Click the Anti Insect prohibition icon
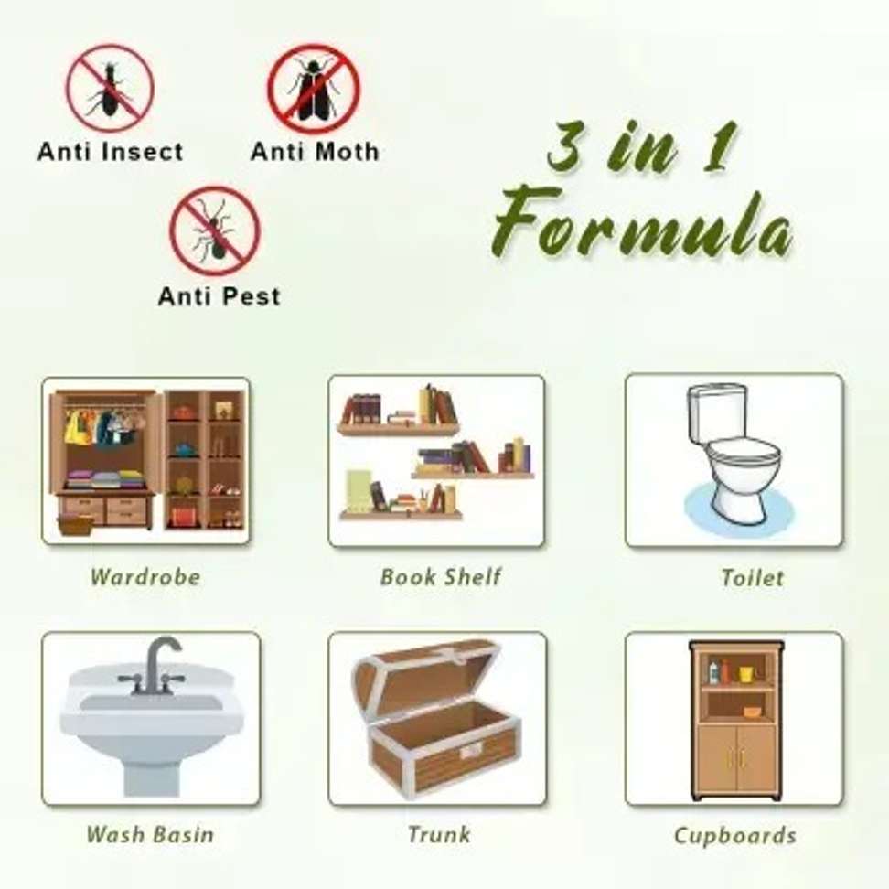[110, 89]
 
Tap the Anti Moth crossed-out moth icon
[314, 89]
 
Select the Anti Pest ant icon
[215, 230]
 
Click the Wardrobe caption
[145, 577]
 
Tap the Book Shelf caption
[441, 577]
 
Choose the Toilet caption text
[753, 578]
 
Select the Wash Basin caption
[150, 834]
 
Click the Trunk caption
[439, 834]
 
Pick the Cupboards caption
[734, 836]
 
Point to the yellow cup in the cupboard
[746, 674]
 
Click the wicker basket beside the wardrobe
[75, 525]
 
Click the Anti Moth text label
[315, 152]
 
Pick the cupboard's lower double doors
[736, 760]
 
